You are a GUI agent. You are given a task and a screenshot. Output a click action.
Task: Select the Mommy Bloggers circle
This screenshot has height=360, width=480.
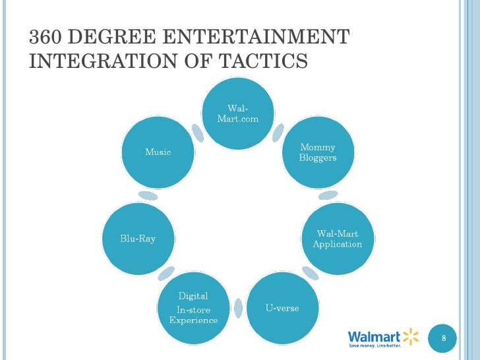317,152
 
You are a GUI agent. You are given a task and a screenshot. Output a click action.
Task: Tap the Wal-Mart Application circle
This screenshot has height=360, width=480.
337,239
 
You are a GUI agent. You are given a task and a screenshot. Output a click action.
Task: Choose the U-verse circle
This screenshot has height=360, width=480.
282,308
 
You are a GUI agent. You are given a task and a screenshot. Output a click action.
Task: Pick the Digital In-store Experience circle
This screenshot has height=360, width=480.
193,308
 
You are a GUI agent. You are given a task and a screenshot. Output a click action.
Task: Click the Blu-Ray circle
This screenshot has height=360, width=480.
138,239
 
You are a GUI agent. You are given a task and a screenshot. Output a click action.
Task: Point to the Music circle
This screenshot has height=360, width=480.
158,152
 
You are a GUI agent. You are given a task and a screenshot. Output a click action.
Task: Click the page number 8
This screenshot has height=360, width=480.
444,338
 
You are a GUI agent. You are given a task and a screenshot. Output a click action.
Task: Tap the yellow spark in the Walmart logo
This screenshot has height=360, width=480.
410,335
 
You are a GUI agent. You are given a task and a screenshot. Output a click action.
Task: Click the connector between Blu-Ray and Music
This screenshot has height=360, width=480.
148,195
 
